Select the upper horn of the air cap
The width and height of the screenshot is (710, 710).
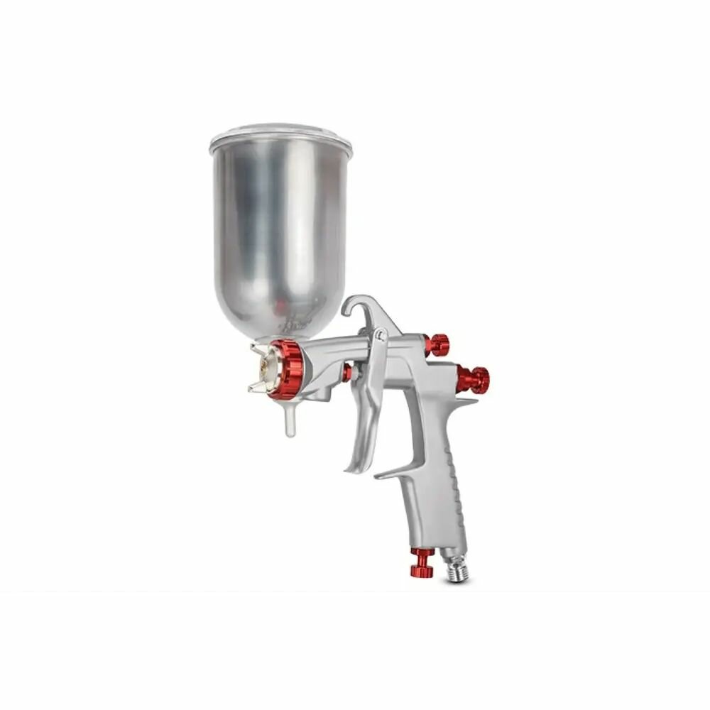point(258,347)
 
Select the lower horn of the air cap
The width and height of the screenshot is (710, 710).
point(257,386)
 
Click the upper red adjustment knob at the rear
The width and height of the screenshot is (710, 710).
point(439,344)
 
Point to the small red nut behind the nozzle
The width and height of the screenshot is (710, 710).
point(346,373)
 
